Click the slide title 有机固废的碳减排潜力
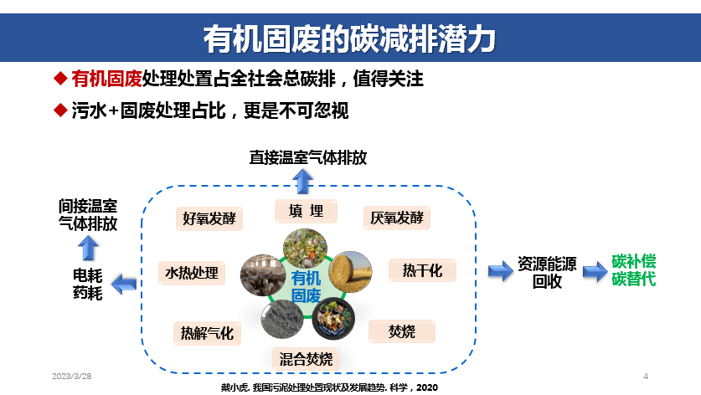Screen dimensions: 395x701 [350, 39]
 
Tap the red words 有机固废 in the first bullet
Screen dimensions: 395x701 [106, 80]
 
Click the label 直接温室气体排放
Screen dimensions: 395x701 [308, 157]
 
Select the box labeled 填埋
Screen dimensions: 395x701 [306, 211]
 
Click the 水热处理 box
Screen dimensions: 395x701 [191, 273]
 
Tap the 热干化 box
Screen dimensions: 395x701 [422, 270]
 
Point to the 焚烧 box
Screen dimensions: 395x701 [402, 331]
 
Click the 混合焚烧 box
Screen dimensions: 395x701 [306, 359]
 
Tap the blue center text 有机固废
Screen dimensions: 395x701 [306, 286]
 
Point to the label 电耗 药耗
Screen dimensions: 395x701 [88, 284]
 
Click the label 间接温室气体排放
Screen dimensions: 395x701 [88, 214]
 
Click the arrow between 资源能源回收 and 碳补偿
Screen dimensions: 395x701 [594, 270]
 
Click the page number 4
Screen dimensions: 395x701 [646, 375]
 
